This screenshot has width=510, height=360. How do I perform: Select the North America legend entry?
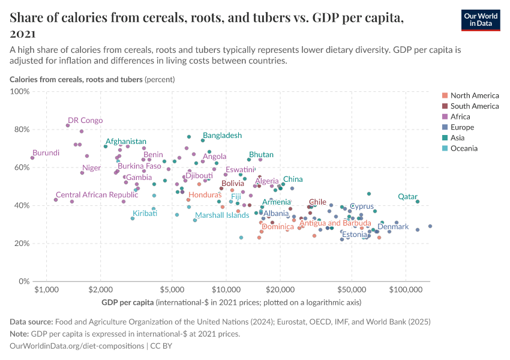point(474,95)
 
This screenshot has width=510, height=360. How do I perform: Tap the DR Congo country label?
point(85,121)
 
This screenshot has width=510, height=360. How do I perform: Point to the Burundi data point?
point(32,158)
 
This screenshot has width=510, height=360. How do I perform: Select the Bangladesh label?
point(222,136)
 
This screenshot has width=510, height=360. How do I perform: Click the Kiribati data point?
point(133,218)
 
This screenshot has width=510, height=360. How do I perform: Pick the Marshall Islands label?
point(222,215)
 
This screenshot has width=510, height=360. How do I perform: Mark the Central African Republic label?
point(97,195)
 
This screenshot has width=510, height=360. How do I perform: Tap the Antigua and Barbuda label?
point(335,223)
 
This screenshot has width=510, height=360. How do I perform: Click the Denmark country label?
point(393,227)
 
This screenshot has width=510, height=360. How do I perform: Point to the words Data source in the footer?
point(31,322)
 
